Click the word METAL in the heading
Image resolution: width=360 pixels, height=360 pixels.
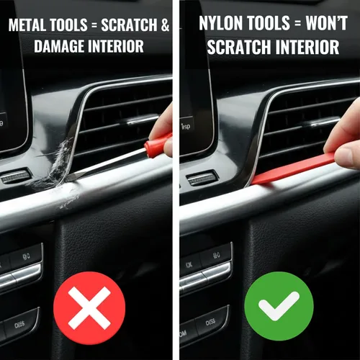pyautogui.click(x=27, y=24)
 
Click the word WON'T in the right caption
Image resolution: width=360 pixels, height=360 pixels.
pyautogui.click(x=327, y=23)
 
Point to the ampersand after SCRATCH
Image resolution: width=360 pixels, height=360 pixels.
pyautogui.click(x=166, y=24)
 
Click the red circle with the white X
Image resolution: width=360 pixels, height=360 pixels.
pyautogui.click(x=89, y=308)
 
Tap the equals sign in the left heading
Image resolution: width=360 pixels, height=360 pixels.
pyautogui.click(x=94, y=25)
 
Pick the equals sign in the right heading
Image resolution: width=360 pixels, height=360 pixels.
pyautogui.click(x=297, y=23)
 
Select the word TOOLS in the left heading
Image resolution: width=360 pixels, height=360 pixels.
pyautogui.click(x=68, y=24)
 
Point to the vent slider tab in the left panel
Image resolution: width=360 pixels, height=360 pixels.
pyautogui.click(x=143, y=120)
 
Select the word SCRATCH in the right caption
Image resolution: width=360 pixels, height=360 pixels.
pyautogui.click(x=239, y=47)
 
